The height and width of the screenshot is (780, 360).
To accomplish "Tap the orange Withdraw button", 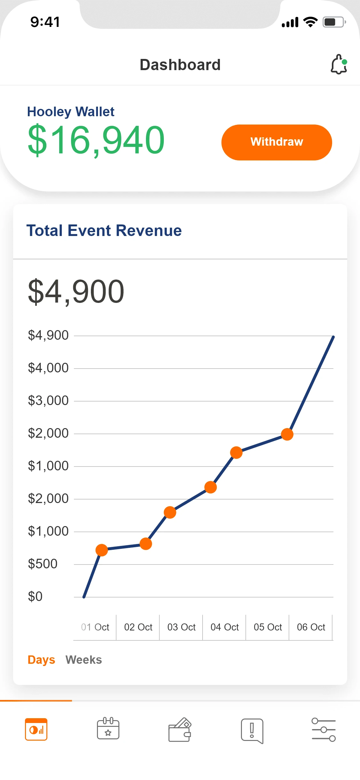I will coord(276,142).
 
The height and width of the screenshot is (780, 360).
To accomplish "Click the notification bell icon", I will coord(339,65).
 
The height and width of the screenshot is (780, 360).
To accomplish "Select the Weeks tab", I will coord(84,660).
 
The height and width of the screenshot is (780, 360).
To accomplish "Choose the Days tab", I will coord(41,660).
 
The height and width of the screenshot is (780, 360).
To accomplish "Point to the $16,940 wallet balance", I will coord(96,140).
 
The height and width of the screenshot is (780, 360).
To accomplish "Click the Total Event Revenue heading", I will coord(104,231).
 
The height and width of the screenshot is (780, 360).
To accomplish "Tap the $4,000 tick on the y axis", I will coord(48,368).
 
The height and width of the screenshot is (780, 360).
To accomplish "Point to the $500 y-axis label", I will coord(43,564).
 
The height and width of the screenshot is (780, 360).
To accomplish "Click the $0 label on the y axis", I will coord(35,597).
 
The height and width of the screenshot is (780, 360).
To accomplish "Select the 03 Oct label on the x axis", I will coord(181,627).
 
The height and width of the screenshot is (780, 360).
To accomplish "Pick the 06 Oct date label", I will coord(311,627).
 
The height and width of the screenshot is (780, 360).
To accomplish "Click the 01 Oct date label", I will coord(95,627).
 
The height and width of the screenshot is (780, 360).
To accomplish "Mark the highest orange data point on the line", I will coord(287,434).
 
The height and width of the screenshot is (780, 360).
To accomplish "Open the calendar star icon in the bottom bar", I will coord(108,729).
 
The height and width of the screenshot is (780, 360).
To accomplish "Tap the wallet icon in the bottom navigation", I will coord(180,730).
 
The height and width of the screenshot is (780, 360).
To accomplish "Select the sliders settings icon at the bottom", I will coord(324,730).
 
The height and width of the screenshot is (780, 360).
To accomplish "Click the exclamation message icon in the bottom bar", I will coord(252,730).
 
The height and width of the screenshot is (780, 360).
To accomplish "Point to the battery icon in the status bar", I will coord(334,22).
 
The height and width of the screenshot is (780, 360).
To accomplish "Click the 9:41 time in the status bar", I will coord(45,22).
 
